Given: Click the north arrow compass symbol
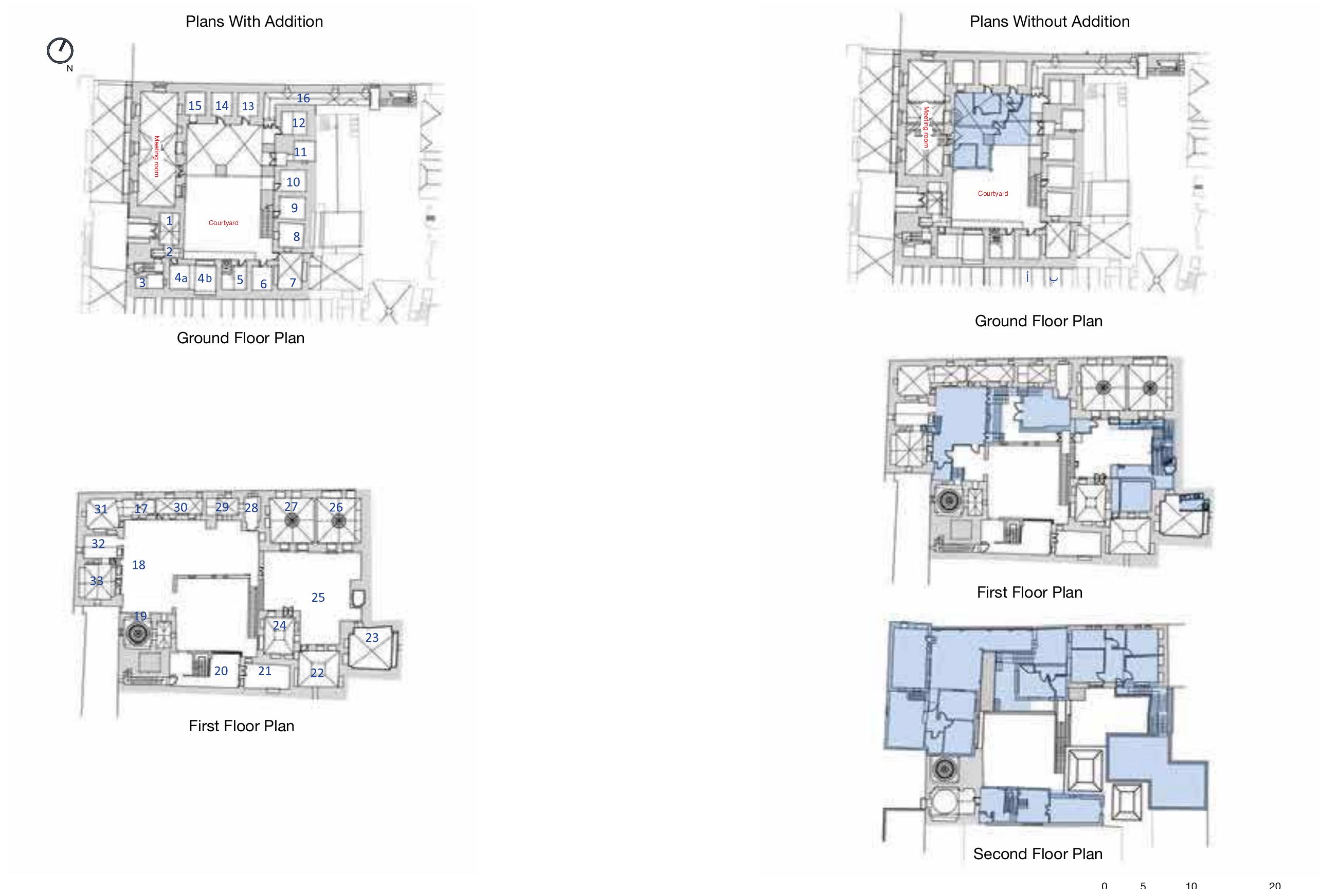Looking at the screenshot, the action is coord(60,51).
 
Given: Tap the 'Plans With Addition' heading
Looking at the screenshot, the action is coord(254,22).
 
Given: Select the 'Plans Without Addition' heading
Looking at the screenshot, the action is coord(1049,22).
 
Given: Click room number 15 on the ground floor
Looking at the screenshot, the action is coord(194,105).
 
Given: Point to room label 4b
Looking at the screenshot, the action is coord(204,278).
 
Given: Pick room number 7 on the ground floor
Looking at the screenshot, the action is coord(293,282).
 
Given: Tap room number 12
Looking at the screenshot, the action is coord(298,122).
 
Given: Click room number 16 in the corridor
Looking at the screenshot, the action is coord(303,98).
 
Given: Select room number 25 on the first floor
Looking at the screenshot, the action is coord(318,597).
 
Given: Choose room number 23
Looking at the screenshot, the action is coord(372,637).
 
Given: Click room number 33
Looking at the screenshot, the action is coord(97,581).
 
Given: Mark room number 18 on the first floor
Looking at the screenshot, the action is coord(138,565).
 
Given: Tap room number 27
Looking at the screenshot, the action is coord(291,506).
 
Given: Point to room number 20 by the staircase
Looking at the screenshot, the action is coord(221,671).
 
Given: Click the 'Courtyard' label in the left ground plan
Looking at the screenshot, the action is coord(224,223).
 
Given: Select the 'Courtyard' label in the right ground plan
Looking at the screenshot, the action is coord(993,193).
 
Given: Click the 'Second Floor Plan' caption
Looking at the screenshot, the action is coord(1038,854).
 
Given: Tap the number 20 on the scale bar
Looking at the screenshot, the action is coord(1274,885).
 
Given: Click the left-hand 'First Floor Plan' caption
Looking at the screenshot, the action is coord(241,726).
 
